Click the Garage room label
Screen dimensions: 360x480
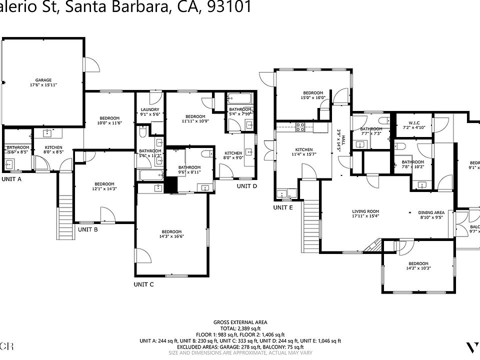pos(43,82)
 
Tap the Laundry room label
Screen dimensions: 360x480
pos(150,112)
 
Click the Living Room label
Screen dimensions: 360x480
pos(365,214)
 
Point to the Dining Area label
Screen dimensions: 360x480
pos(431,215)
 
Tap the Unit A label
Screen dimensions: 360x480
pos(12,178)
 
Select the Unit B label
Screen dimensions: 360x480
pos(87,229)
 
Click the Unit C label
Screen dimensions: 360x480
pos(143,284)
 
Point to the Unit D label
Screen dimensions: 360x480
pos(246,186)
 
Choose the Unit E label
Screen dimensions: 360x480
pos(282,207)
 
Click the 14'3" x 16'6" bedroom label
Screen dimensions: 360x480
pos(171,233)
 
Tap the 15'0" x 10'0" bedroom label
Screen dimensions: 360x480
pos(312,95)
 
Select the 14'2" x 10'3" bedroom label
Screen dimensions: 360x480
pos(418,266)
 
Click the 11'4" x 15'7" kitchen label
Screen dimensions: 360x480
pos(303,152)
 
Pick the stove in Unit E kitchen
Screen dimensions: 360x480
pos(301,127)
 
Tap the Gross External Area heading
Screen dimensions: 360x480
pos(240,322)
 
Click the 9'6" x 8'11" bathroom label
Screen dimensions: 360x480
pos(189,169)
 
